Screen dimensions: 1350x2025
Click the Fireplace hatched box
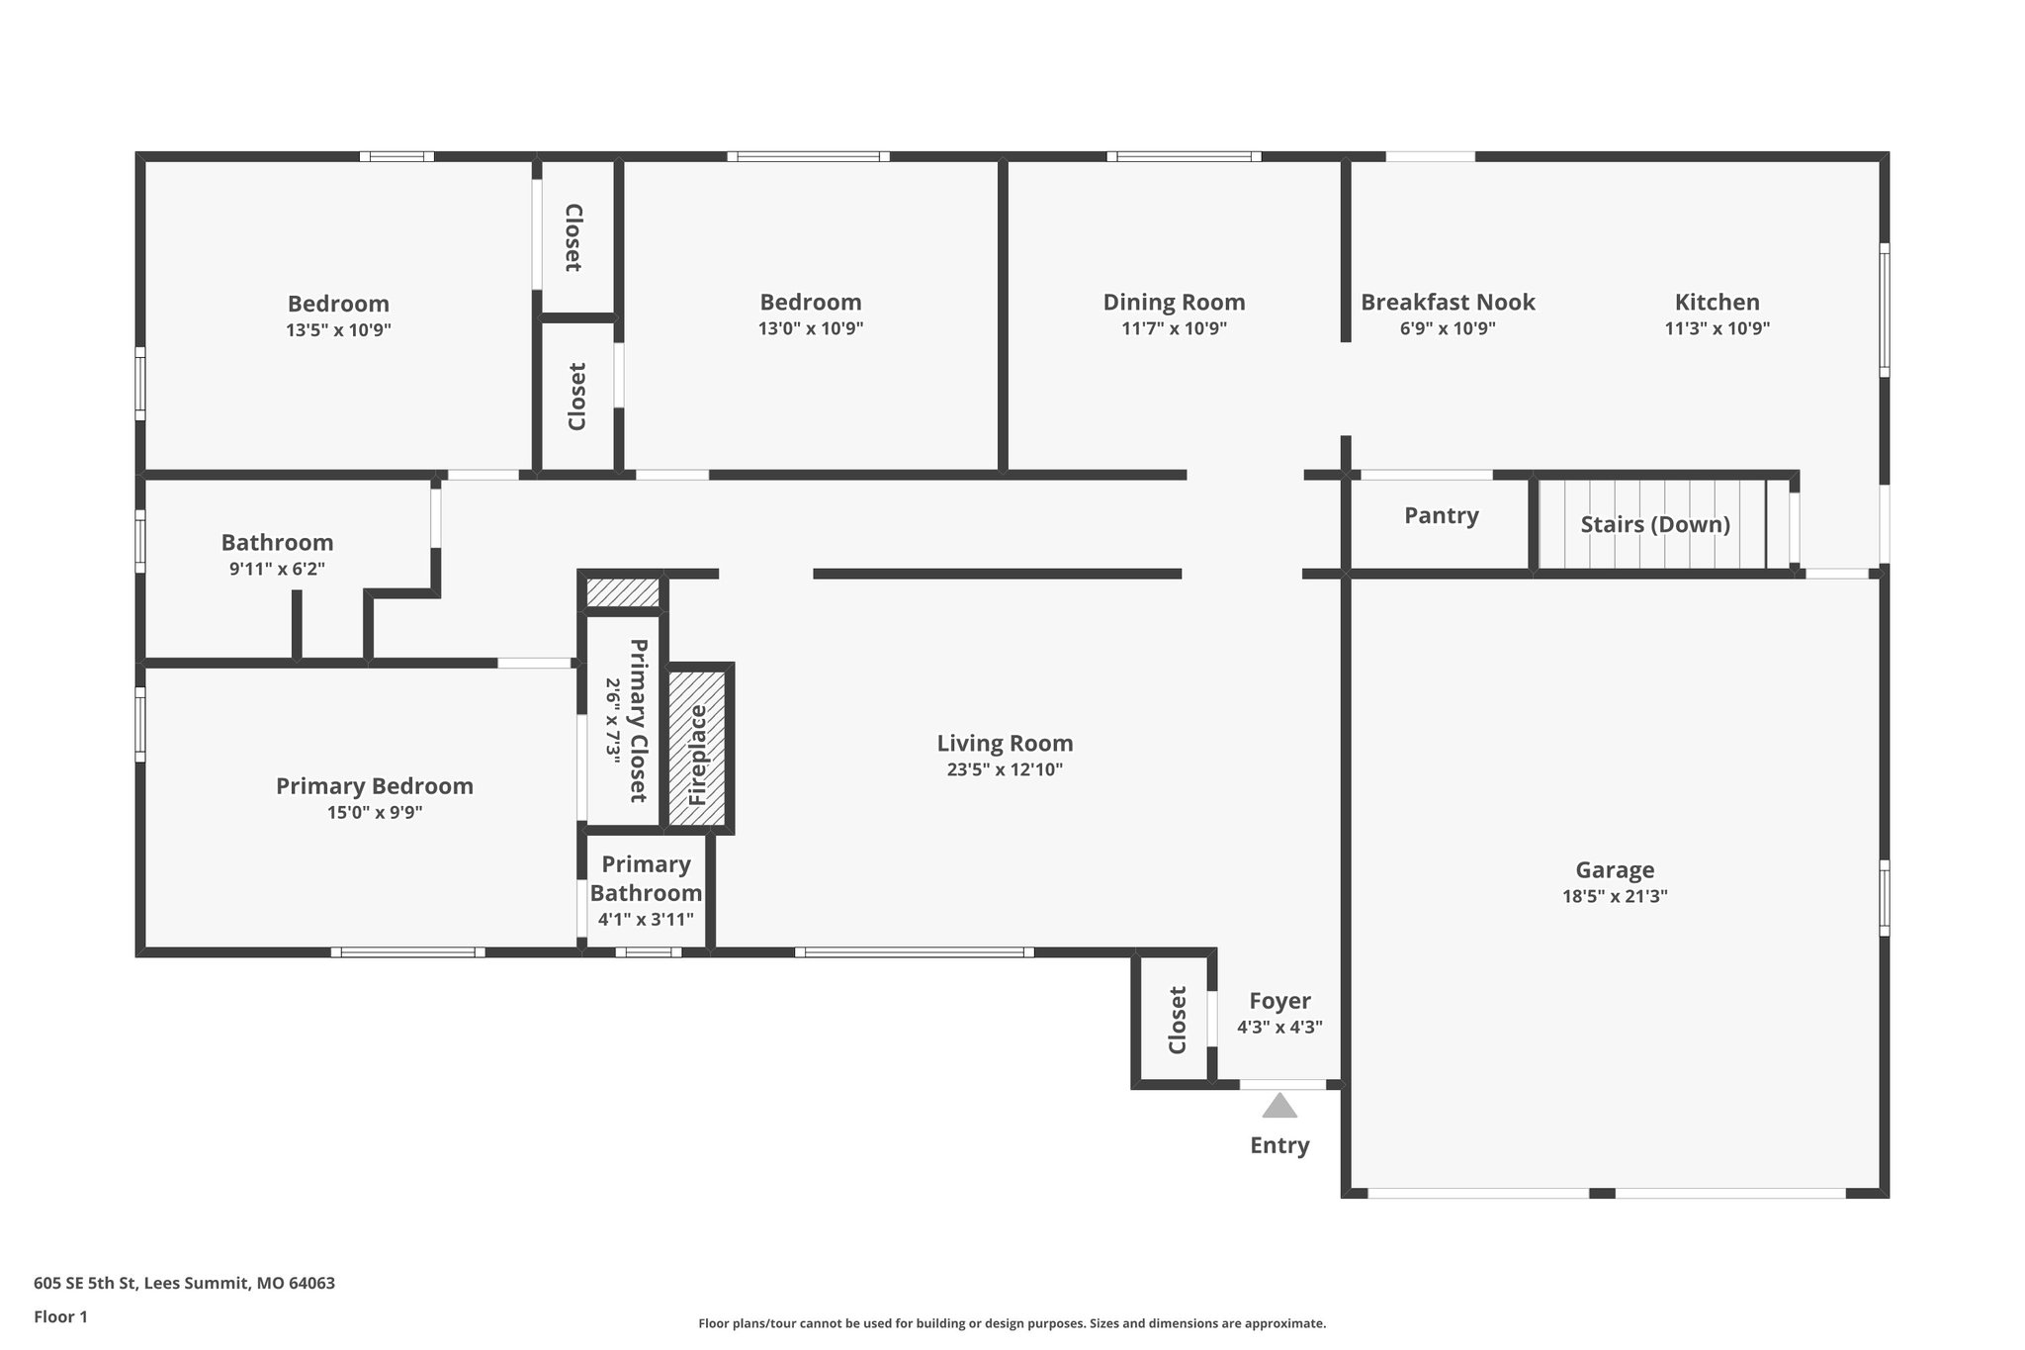pos(698,749)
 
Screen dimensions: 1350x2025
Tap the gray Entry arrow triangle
pos(1279,1106)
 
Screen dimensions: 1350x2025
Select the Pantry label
pos(1441,515)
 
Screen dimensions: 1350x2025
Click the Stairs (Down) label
pos(1654,524)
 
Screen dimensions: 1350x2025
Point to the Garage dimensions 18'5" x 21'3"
pos(1615,897)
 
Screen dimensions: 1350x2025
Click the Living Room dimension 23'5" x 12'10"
pos(1005,769)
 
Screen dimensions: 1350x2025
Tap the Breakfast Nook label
pos(1448,302)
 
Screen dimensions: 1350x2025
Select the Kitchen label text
pos(1717,302)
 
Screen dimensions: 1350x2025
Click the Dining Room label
pos(1174,302)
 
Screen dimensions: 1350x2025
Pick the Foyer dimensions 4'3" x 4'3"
pos(1279,1028)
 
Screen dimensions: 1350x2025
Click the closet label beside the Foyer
pos(1177,1020)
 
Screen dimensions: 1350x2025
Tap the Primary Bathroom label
pos(646,878)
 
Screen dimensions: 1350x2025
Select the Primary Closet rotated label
pos(639,720)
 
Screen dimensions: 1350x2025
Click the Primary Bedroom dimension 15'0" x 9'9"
pos(375,813)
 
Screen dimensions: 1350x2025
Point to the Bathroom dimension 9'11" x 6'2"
pos(277,569)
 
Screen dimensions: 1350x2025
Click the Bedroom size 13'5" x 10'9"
pos(338,330)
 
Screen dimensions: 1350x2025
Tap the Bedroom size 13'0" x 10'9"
pos(811,328)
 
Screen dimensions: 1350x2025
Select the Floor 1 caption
pos(60,1317)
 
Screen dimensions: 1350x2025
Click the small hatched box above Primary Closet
pos(623,593)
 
